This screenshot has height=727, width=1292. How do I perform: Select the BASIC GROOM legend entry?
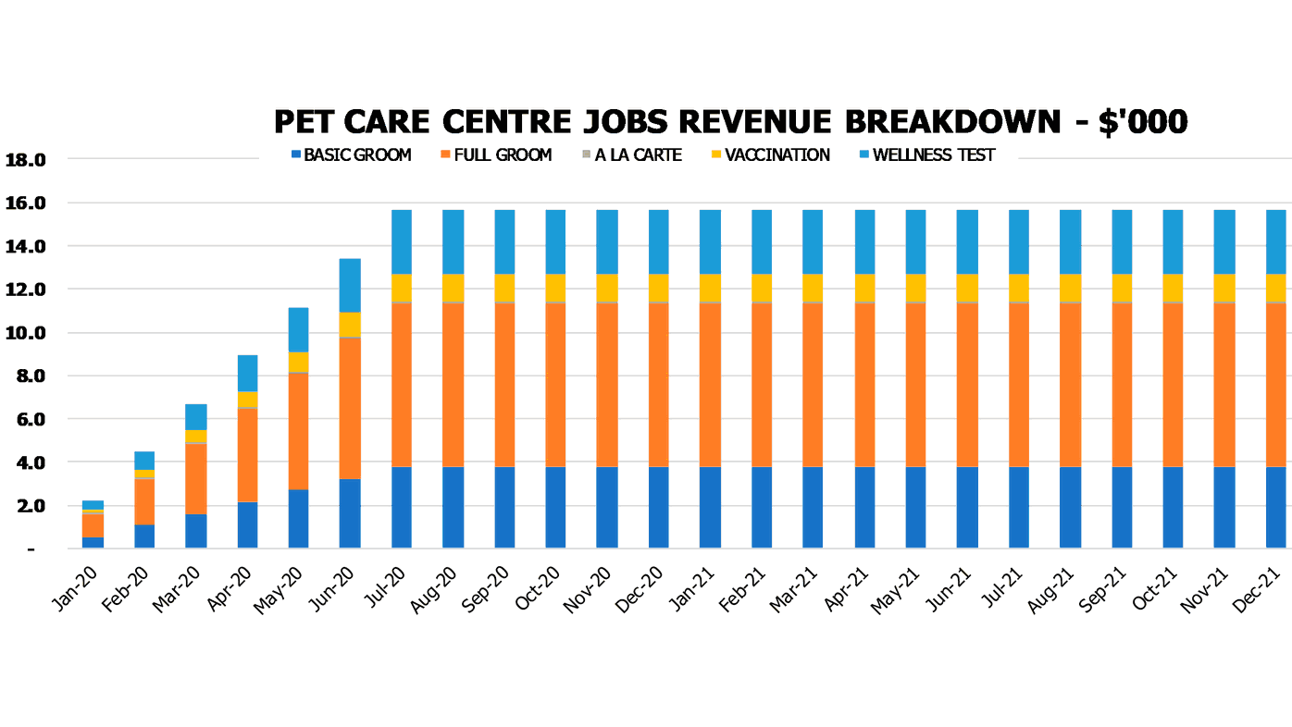[351, 155]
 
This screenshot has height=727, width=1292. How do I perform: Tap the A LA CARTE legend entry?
[631, 155]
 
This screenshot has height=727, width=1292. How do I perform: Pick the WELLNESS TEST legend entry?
[926, 155]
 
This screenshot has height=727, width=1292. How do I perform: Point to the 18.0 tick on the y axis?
[25, 160]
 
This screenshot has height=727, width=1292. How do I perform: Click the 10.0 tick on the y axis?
[25, 333]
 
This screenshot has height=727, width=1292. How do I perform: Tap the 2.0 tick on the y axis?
[25, 506]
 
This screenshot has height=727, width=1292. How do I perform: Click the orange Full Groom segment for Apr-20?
[247, 455]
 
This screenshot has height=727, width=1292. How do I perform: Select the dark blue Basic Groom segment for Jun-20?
[350, 513]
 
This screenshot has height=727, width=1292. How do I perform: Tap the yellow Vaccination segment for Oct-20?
[555, 288]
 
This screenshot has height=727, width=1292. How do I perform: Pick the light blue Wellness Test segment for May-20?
[298, 329]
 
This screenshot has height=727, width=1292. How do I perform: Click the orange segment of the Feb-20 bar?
[144, 501]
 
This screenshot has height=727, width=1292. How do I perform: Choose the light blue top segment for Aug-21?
[1070, 242]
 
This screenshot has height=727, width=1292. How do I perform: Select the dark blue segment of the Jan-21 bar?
[710, 508]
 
